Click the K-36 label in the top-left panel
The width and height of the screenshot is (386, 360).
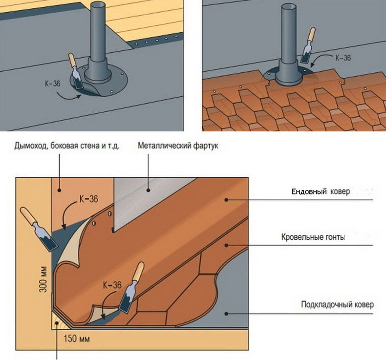51,83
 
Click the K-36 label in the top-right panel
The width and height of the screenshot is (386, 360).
343,58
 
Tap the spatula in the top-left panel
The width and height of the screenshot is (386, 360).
76,71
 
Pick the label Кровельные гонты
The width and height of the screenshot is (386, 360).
313,238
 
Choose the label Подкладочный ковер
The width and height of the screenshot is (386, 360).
338,305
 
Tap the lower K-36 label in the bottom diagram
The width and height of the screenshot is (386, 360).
112,285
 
